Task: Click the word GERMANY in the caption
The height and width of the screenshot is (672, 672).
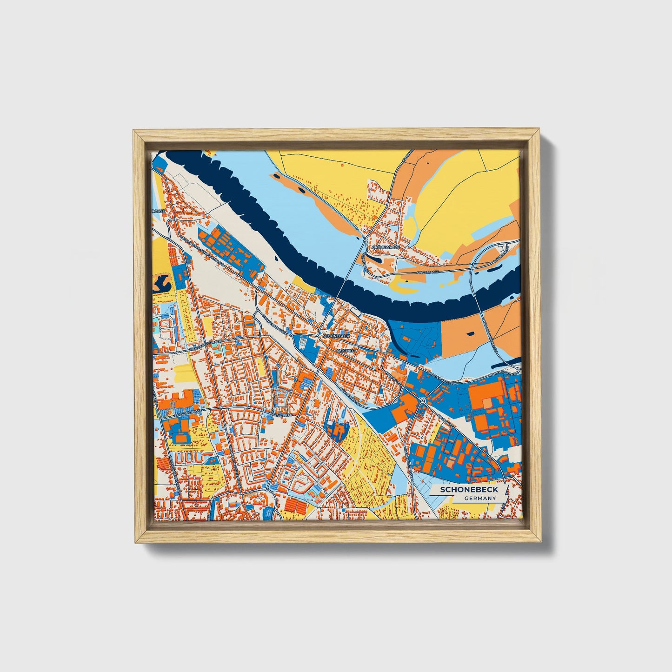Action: (x=480, y=498)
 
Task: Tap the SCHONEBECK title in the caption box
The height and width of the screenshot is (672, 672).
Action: (x=469, y=490)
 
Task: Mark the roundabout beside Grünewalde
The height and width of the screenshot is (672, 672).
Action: (x=366, y=240)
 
